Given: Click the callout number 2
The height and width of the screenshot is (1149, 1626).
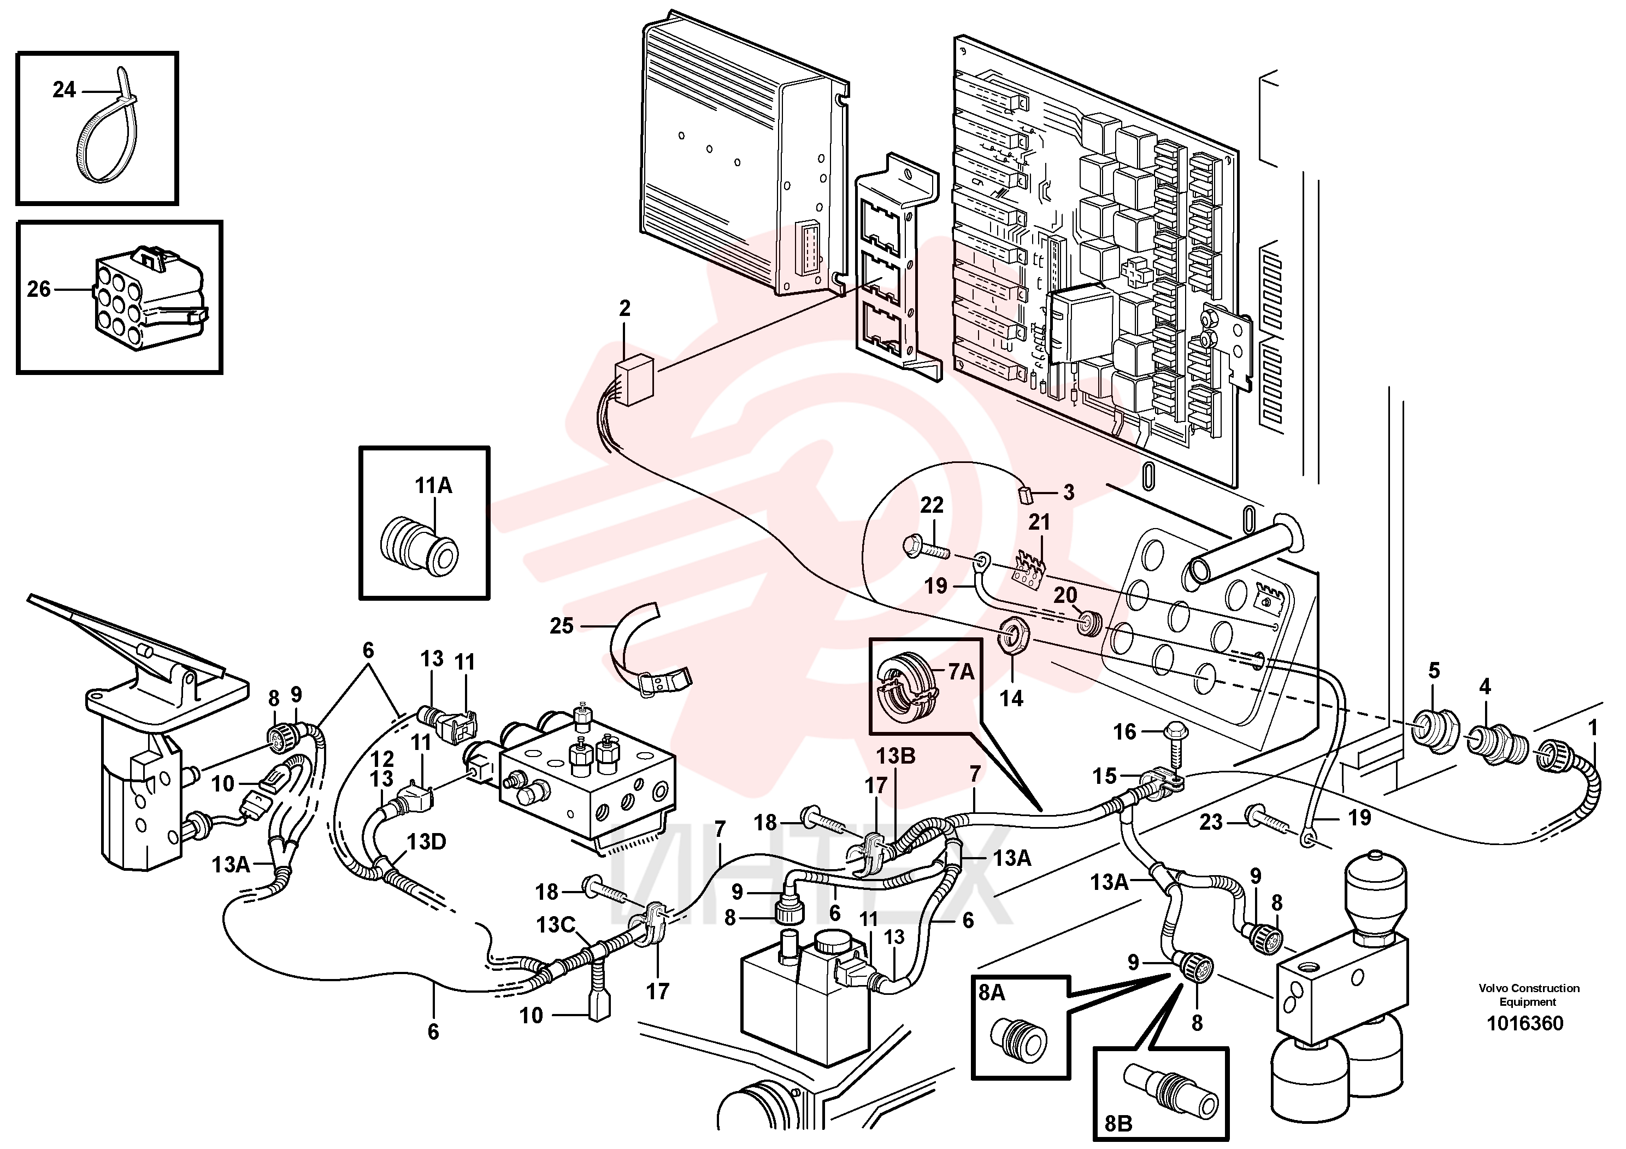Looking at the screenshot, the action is click(x=624, y=308).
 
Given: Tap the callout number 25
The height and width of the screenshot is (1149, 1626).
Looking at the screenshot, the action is click(x=562, y=626).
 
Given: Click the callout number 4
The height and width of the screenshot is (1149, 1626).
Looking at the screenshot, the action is click(x=1484, y=687).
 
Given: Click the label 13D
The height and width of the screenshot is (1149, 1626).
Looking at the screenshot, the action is click(x=426, y=842).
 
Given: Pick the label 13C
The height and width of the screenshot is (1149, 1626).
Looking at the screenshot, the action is click(x=556, y=925).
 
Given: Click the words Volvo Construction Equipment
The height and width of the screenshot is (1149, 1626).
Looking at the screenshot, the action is click(x=1529, y=994).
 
